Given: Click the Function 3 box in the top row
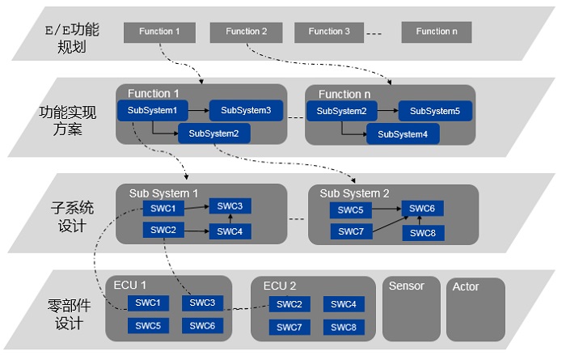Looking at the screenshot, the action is pos(329,32).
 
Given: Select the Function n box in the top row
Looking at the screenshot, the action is pos(437,32).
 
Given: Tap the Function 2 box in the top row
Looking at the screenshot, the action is pos(246,32).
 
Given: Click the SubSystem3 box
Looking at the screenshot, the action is pos(246,111).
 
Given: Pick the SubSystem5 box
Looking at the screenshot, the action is pos(435,111).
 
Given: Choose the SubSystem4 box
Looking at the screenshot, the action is pos(403,134).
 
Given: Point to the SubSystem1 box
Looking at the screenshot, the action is pos(152,111).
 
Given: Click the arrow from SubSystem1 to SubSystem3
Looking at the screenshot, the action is pos(199,110).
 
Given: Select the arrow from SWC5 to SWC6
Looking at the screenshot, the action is pos(386,209).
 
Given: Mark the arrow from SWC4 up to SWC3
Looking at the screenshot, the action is pos(230,218).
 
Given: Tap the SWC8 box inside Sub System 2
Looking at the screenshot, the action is pos(423,233).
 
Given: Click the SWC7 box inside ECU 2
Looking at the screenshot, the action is pos(289,328).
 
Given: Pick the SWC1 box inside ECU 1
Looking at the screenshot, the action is pos(148,303).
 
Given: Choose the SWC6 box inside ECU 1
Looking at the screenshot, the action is pos(202,326).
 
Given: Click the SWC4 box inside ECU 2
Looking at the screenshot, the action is pos(344,304).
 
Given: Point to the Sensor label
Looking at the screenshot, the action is pos(407,286).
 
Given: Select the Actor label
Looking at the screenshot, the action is pos(466,286).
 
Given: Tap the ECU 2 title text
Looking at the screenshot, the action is pos(280,286).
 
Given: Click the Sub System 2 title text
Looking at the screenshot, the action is pos(354,193).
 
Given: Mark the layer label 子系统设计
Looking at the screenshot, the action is pos(72,217).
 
